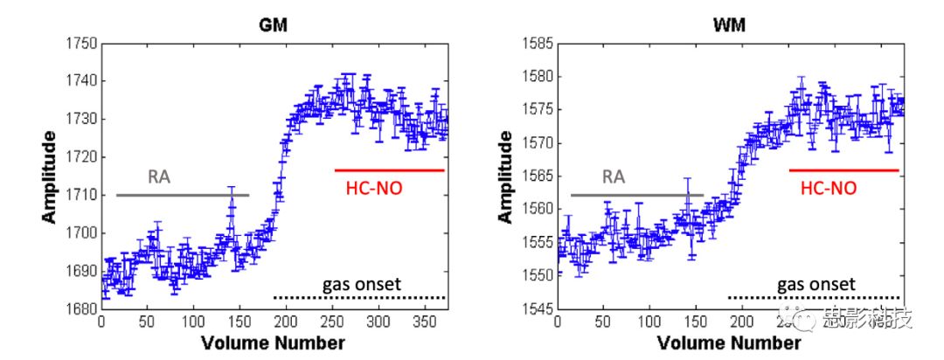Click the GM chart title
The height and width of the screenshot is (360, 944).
click(274, 25)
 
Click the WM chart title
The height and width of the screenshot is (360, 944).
click(731, 25)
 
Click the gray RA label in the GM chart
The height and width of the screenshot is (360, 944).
click(158, 178)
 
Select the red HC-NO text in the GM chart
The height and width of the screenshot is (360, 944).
click(374, 187)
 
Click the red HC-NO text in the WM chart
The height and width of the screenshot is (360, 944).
click(829, 187)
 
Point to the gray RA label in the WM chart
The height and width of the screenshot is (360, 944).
click(614, 178)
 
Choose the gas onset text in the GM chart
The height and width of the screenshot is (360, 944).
click(361, 284)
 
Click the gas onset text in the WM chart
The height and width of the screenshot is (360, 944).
click(816, 284)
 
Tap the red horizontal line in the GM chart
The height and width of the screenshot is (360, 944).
click(389, 170)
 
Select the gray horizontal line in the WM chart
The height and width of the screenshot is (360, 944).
click(636, 195)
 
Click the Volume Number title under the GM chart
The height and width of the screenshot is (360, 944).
click(273, 343)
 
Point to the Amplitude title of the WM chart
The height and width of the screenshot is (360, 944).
click(504, 175)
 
